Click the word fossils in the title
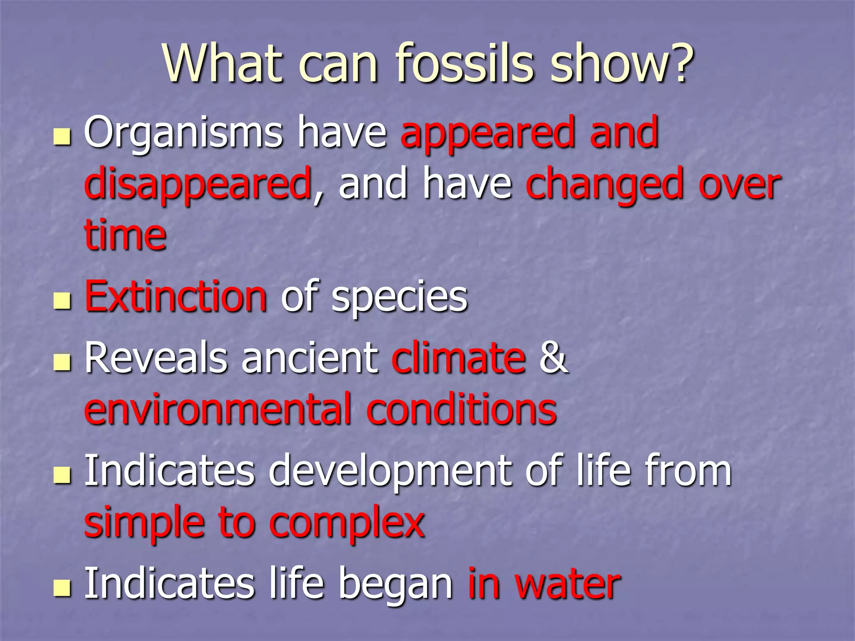point(465,63)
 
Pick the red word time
point(125,235)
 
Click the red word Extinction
point(175,296)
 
